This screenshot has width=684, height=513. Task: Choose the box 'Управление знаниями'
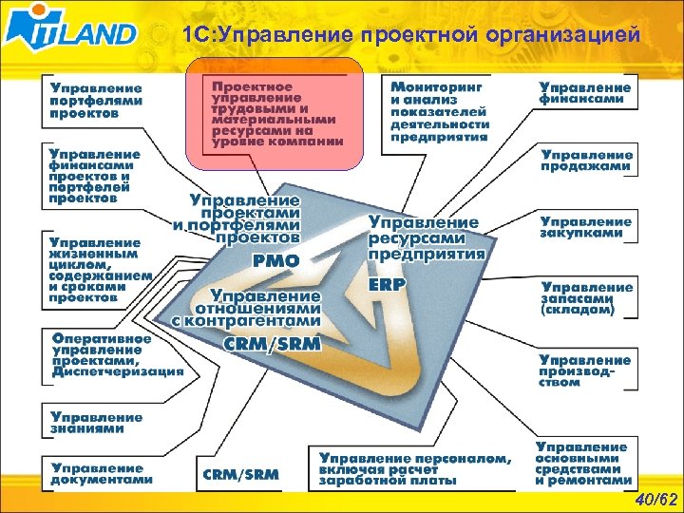(x=98, y=423)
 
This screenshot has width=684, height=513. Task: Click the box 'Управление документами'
(x=103, y=472)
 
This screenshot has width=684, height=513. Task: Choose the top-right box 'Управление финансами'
(x=584, y=93)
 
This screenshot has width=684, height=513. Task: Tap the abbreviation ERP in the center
(x=387, y=283)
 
